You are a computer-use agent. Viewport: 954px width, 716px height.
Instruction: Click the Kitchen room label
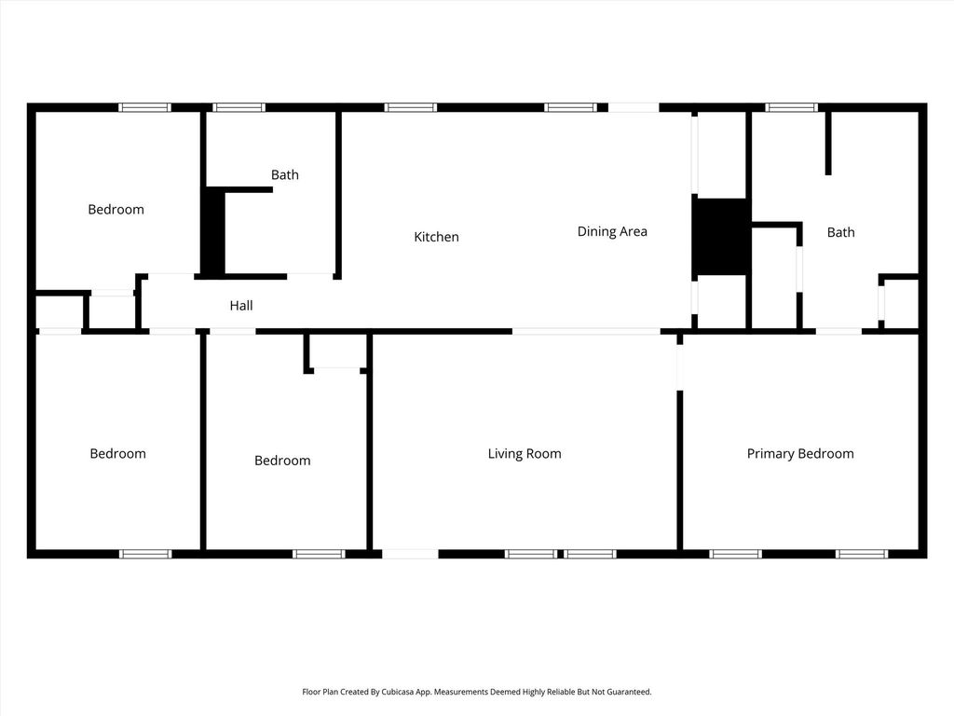point(436,237)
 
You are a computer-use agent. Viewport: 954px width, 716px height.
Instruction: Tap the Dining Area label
point(612,231)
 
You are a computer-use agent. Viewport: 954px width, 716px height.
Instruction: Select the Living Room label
point(525,454)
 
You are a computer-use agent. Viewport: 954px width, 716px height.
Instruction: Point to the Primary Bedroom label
point(800,454)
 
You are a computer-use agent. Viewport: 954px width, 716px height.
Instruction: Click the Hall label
point(241,306)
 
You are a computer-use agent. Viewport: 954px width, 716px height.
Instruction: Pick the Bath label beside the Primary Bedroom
point(841,232)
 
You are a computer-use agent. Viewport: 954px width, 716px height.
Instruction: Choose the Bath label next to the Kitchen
point(285,174)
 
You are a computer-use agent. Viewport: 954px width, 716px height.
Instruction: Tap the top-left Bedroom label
point(116,210)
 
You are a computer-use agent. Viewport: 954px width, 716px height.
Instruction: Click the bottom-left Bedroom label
point(118,454)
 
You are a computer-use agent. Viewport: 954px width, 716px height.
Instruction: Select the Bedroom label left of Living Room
point(282,461)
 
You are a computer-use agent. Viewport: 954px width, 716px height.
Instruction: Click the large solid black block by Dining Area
point(721,236)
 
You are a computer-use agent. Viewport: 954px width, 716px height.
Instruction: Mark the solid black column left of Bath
point(213,231)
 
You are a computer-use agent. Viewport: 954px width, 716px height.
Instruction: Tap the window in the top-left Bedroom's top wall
point(144,108)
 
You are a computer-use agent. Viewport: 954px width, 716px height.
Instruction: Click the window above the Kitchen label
point(411,108)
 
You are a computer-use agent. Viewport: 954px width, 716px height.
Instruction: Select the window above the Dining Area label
point(570,108)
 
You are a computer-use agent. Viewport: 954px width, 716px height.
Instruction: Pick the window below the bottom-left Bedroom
point(145,554)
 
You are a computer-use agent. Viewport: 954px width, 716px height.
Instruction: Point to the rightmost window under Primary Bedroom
point(861,554)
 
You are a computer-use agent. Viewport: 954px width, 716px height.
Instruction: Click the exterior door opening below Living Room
point(410,554)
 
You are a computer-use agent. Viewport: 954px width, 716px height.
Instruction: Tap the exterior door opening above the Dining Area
point(634,108)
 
